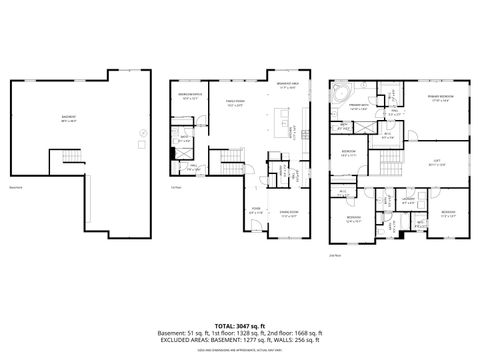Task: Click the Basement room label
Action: coord(68,117)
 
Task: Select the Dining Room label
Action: coord(289,211)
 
